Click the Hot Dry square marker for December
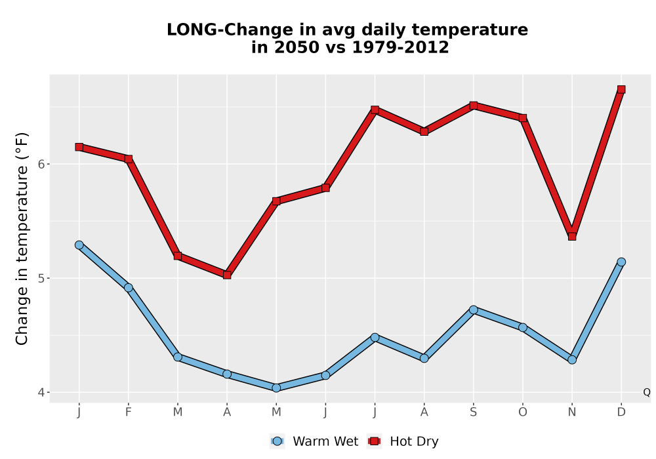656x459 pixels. pyautogui.click(x=621, y=89)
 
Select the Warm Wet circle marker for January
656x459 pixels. pyautogui.click(x=79, y=245)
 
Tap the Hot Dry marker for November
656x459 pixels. pyautogui.click(x=572, y=237)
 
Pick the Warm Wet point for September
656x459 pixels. pyautogui.click(x=473, y=309)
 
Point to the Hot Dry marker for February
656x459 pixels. pyautogui.click(x=129, y=159)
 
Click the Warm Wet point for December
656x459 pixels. pyautogui.click(x=621, y=262)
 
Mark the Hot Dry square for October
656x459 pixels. pyautogui.click(x=523, y=118)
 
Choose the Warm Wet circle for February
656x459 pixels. pyautogui.click(x=129, y=288)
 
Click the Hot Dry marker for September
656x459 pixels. pyautogui.click(x=473, y=106)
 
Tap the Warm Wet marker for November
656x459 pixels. pyautogui.click(x=572, y=359)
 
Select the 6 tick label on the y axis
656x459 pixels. pyautogui.click(x=41, y=164)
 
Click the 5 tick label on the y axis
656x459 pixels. pyautogui.click(x=41, y=278)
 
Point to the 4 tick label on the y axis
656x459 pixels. pyautogui.click(x=41, y=392)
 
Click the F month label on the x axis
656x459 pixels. pyautogui.click(x=129, y=412)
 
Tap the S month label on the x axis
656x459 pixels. pyautogui.click(x=473, y=412)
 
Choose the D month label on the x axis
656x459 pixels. pyautogui.click(x=621, y=412)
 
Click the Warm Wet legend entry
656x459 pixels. pyautogui.click(x=314, y=441)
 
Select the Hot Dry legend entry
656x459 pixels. pyautogui.click(x=403, y=441)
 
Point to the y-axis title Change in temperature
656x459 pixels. pyautogui.click(x=22, y=238)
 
